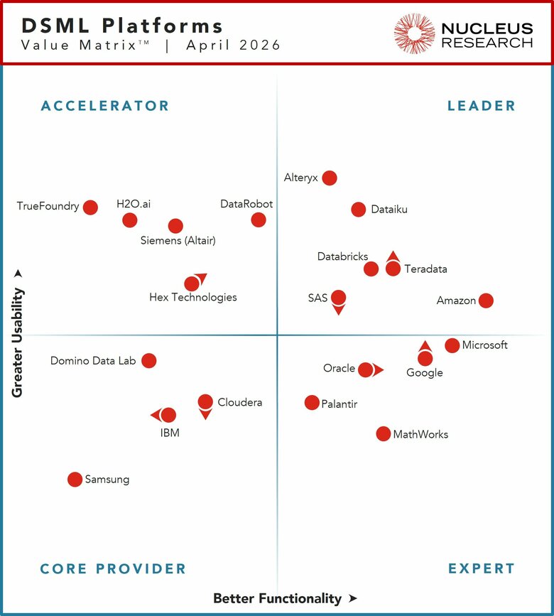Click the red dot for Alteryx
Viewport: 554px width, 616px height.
point(330,178)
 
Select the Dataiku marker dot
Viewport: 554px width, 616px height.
point(359,210)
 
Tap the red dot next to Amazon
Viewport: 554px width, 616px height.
point(486,301)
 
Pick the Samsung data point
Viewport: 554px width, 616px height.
point(75,480)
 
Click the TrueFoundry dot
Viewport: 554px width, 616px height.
point(90,207)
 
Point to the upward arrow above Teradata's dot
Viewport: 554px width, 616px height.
point(393,256)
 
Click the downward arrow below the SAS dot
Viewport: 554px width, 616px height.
point(339,310)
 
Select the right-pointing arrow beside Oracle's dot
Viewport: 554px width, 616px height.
point(379,369)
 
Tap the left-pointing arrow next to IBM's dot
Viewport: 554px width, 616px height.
point(156,415)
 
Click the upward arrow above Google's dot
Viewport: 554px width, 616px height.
point(425,347)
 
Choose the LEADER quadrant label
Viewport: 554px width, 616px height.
point(482,106)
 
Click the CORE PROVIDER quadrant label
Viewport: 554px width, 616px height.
point(113,568)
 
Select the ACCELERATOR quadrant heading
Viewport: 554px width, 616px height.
point(105,106)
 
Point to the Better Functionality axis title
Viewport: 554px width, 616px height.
point(278,598)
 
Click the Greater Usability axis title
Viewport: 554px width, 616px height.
point(17,342)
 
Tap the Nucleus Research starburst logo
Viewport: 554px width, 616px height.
point(414,33)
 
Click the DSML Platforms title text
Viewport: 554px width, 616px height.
point(122,26)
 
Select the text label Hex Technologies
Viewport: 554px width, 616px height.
point(193,298)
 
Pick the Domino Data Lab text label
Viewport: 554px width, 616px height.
point(93,361)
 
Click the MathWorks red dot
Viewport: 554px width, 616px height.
point(384,433)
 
